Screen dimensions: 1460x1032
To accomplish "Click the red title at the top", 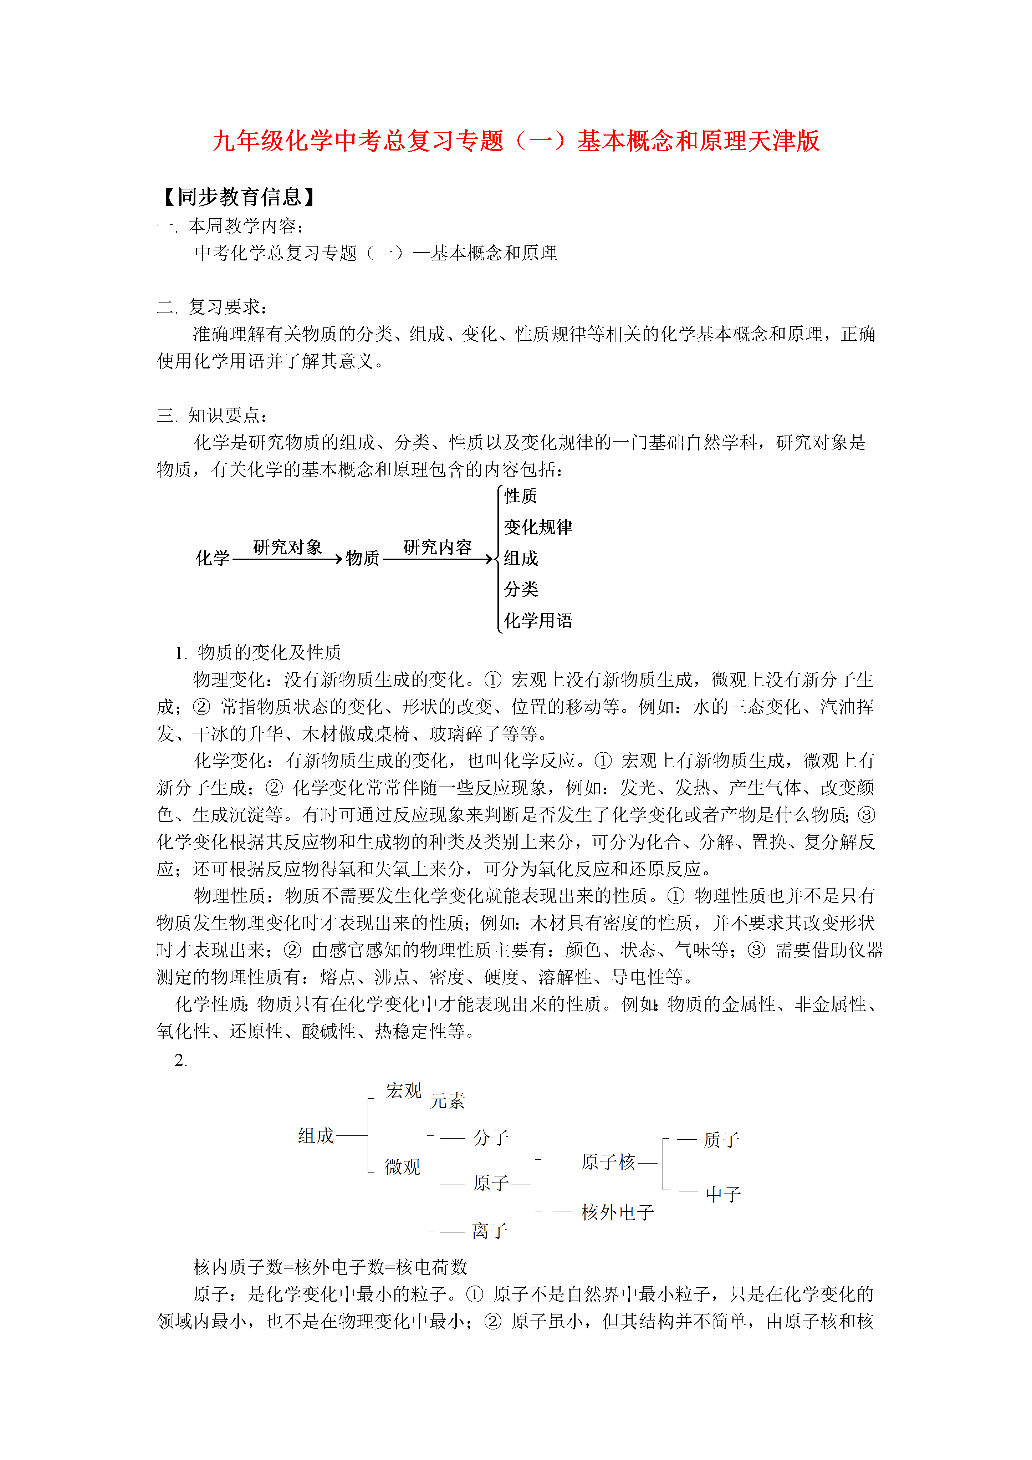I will click(516, 141).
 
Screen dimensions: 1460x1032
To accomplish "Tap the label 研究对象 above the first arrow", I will click(287, 547).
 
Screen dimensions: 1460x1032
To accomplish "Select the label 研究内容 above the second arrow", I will click(438, 547).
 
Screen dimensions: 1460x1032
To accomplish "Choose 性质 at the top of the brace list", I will click(521, 496).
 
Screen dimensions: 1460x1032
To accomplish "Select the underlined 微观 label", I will click(403, 1167).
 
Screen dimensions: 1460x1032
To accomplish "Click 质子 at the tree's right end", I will click(721, 1140).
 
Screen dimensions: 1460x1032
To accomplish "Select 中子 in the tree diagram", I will click(723, 1194).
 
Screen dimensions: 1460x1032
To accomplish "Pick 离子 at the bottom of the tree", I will click(490, 1230).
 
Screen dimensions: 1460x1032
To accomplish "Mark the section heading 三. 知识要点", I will click(213, 415).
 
